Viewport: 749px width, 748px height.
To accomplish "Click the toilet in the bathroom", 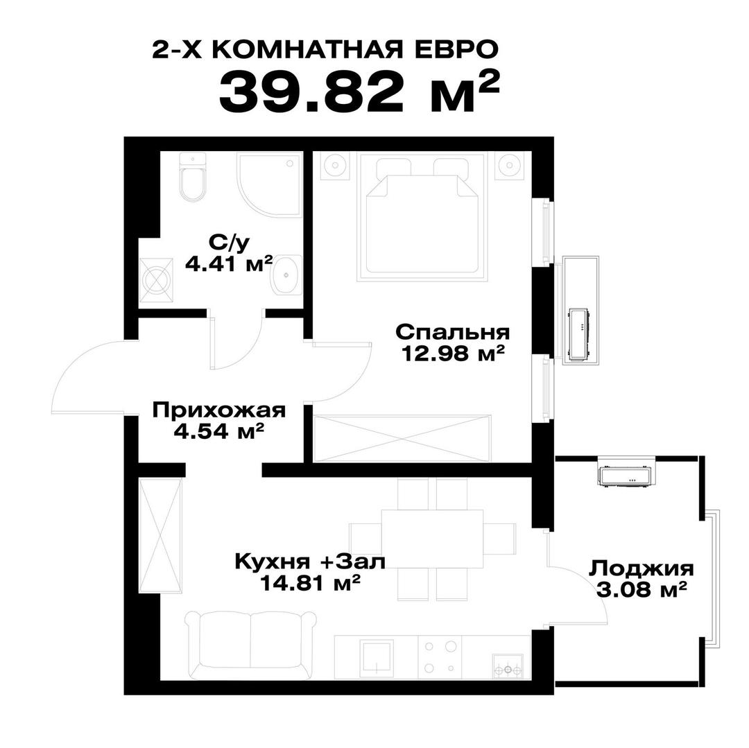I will pyautogui.click(x=193, y=180).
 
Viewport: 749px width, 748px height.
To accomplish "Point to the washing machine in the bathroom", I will pyautogui.click(x=157, y=280).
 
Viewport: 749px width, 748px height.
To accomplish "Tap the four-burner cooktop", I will pyautogui.click(x=440, y=657).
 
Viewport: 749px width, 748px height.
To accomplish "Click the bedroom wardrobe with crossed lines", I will pyautogui.click(x=402, y=438).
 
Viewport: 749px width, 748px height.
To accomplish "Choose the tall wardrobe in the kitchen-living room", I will pyautogui.click(x=161, y=535).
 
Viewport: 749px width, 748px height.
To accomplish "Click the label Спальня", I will pyautogui.click(x=453, y=331).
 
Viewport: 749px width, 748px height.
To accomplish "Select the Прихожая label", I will pyautogui.click(x=218, y=410).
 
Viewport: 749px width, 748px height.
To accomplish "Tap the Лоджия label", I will pyautogui.click(x=641, y=569).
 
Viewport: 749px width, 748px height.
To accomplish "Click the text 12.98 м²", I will pyautogui.click(x=452, y=354).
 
